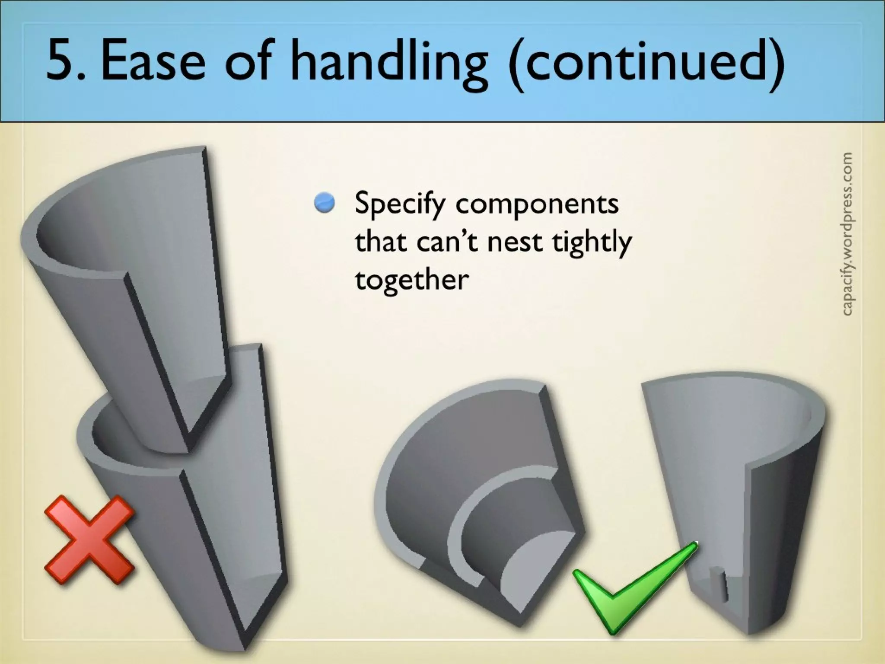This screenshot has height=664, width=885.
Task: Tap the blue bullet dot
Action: point(325,203)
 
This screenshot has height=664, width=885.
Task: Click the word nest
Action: point(514,242)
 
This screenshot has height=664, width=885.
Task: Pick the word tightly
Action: point(592,242)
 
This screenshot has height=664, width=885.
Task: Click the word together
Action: point(411,279)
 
